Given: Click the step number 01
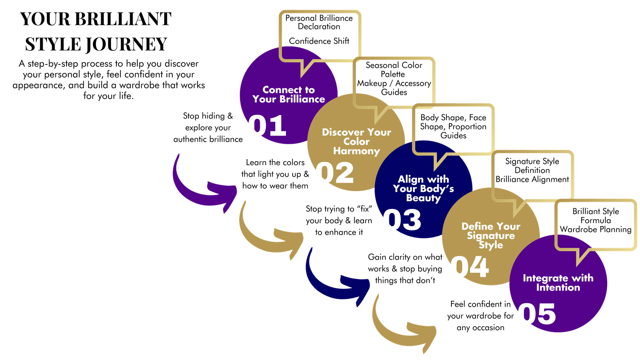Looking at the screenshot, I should (x=267, y=126).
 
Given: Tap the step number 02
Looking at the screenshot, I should (x=335, y=173).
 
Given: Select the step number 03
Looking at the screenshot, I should (x=402, y=220).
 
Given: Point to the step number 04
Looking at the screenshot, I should (x=469, y=267).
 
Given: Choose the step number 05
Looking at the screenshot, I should (x=537, y=314).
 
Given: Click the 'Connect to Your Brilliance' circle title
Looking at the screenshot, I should (x=288, y=94).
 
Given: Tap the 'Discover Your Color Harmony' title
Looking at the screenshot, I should (x=356, y=141).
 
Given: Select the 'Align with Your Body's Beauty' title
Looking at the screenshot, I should (x=423, y=189).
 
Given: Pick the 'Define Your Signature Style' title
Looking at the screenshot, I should (x=491, y=235).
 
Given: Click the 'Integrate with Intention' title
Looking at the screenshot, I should (x=558, y=282).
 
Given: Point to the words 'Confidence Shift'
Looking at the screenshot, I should (x=319, y=41).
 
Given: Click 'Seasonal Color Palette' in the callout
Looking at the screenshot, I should (x=394, y=70).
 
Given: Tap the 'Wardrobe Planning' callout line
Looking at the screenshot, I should (x=596, y=229).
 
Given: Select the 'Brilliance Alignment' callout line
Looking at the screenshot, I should (x=532, y=179).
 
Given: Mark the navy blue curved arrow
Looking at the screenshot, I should (x=333, y=277).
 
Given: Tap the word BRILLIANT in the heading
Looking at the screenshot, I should (x=123, y=19).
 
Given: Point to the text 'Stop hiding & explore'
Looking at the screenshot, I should (x=208, y=122).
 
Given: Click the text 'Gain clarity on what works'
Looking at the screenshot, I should (x=405, y=263).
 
